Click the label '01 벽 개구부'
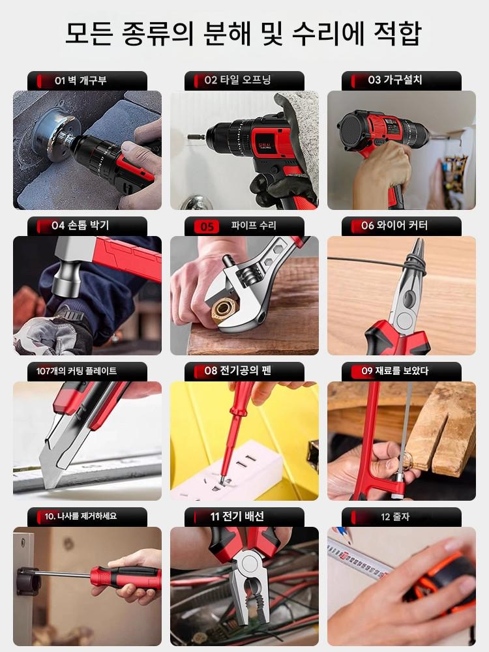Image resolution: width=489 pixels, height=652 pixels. (81, 80)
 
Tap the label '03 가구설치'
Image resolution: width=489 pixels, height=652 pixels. (395, 80)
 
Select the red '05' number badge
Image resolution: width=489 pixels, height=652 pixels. (207, 227)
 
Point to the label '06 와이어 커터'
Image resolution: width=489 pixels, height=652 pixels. (394, 226)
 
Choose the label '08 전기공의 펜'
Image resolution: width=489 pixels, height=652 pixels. (238, 370)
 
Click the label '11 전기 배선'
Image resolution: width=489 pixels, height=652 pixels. (237, 516)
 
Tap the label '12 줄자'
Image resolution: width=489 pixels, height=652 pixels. (395, 517)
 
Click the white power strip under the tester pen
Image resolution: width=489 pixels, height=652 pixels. (228, 470)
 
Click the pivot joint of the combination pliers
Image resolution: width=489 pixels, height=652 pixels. (250, 564)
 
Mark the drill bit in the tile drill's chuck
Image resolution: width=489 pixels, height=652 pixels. (196, 136)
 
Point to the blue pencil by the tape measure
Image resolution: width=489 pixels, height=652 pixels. (344, 534)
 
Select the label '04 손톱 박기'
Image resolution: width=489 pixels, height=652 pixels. (80, 226)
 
